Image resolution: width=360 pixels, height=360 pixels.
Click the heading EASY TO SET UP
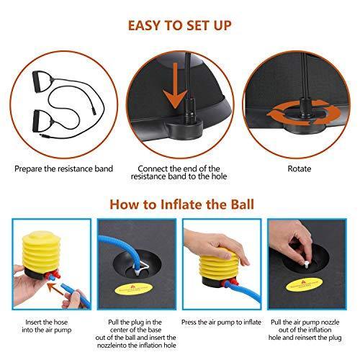pyautogui.click(x=180, y=26)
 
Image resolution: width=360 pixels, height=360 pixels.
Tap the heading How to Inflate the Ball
pyautogui.click(x=181, y=204)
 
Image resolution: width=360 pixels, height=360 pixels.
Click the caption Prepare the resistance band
pyautogui.click(x=63, y=169)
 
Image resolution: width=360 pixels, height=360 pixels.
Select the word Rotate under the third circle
pyautogui.click(x=300, y=168)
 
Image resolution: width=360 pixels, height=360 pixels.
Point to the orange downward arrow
pyautogui.click(x=176, y=86)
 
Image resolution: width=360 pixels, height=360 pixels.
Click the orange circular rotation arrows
pyautogui.click(x=305, y=113)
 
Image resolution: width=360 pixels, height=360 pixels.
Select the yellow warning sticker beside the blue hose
pyautogui.click(x=134, y=289)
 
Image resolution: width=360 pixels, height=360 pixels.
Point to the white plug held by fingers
pyautogui.click(x=306, y=266)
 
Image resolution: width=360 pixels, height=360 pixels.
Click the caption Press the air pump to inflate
pyautogui.click(x=221, y=322)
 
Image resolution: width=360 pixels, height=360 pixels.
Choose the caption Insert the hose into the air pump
pyautogui.click(x=47, y=326)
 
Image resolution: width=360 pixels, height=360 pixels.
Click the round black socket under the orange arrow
pyautogui.click(x=185, y=129)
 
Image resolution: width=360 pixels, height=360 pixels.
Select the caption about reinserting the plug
pyautogui.click(x=305, y=330)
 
